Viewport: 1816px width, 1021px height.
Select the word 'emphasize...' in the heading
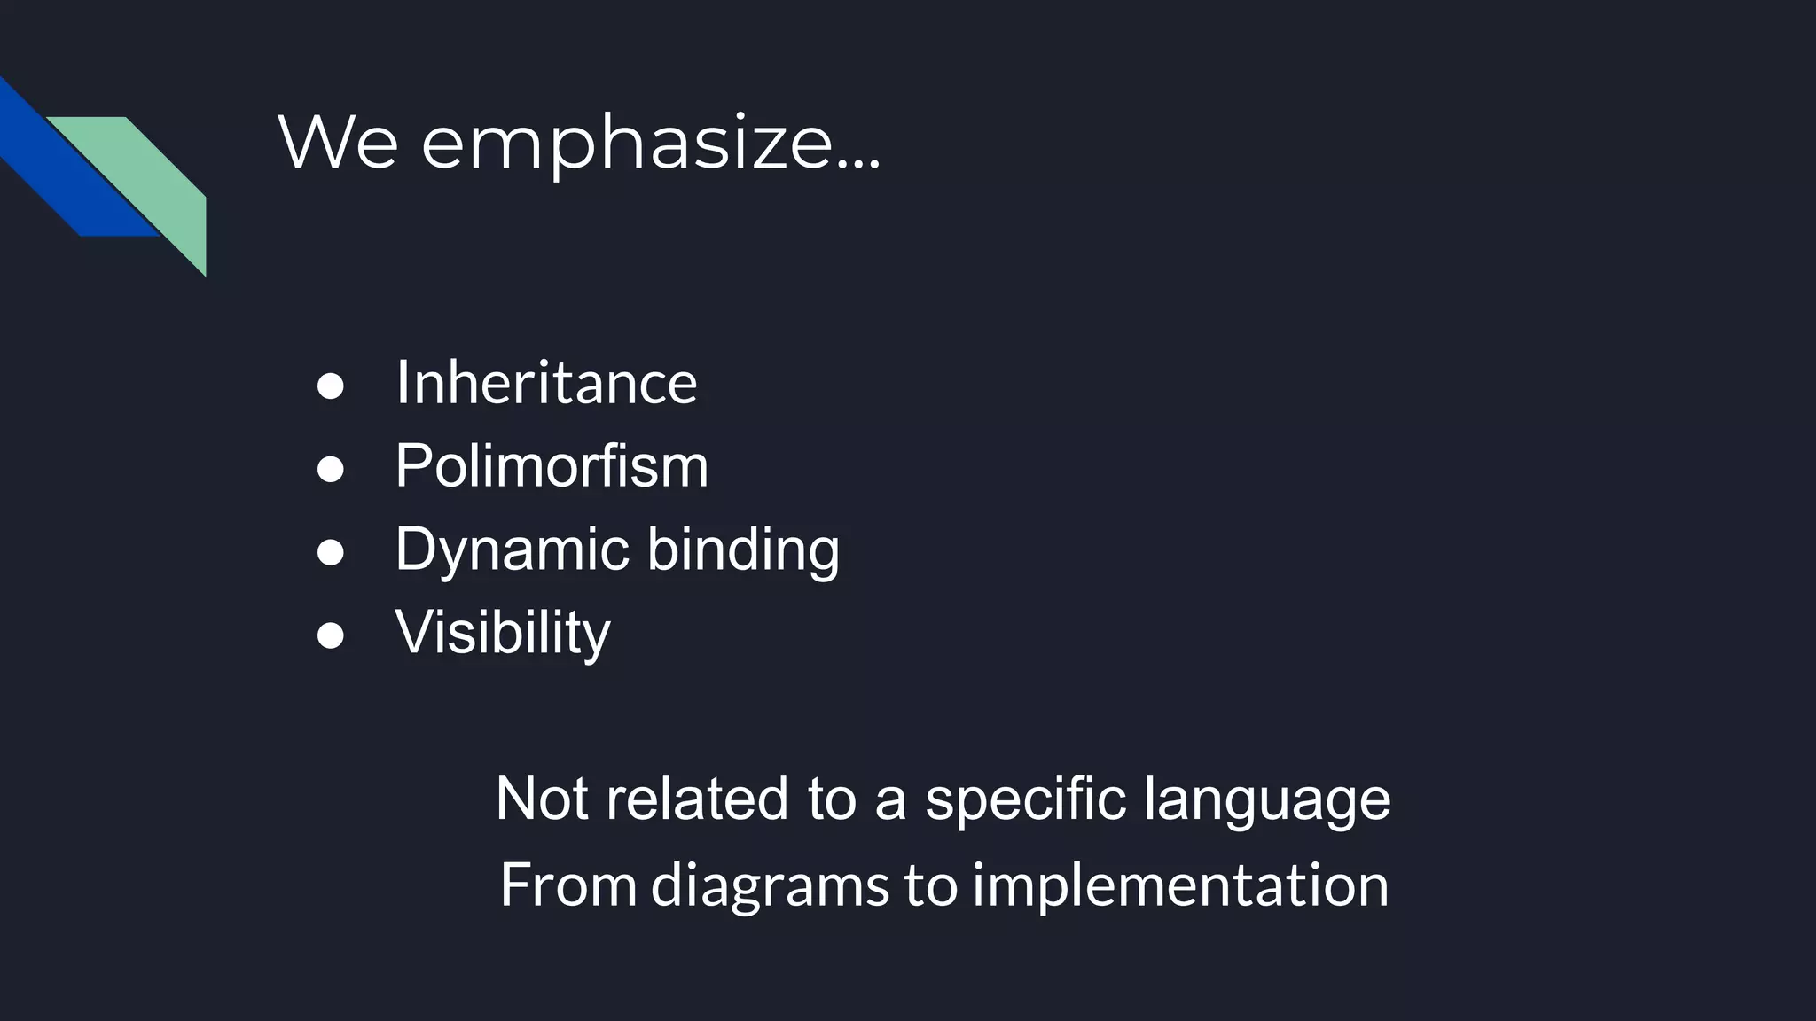tap(651, 144)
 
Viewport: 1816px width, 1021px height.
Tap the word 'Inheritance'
tap(546, 383)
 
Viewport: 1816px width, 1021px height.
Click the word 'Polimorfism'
tap(552, 466)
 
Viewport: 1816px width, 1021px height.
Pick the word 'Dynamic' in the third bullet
tap(512, 550)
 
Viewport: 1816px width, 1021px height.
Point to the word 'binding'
tap(743, 550)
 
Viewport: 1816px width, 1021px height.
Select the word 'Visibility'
tap(503, 634)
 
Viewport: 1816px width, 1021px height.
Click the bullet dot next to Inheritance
tap(330, 386)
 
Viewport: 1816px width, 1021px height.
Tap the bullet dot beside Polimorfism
tap(330, 469)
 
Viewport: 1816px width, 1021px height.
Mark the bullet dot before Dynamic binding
tap(330, 552)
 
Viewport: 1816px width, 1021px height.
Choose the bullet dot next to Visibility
tap(330, 635)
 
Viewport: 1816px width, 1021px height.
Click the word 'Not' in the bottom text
tap(541, 799)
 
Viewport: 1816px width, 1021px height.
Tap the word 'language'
tap(1267, 800)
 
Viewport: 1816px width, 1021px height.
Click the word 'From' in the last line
tap(568, 885)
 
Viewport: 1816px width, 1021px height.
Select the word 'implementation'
tap(1180, 886)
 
